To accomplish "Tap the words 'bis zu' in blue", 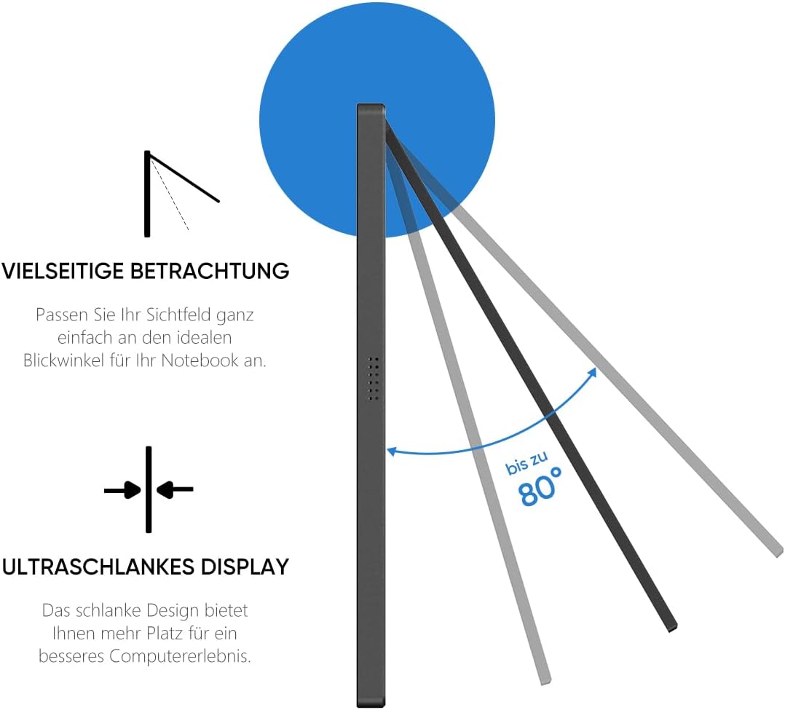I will (525, 465).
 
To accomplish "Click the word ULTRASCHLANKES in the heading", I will (88, 567).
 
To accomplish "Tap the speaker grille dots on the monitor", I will (374, 379).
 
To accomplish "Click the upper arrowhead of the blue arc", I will (593, 372).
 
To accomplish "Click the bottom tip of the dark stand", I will (671, 626).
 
